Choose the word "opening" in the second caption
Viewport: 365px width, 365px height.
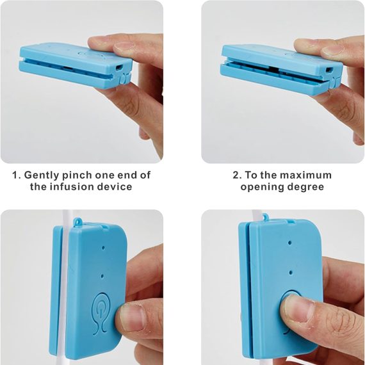tap(261, 187)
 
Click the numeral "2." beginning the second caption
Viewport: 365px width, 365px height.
tap(237, 175)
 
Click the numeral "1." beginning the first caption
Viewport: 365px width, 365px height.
tap(17, 175)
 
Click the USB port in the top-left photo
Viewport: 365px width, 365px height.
tap(119, 68)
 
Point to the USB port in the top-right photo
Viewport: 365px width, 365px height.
tap(329, 69)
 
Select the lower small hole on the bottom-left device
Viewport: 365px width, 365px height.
tap(102, 276)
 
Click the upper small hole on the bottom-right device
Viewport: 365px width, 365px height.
tap(289, 243)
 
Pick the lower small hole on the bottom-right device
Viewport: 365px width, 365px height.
tap(291, 272)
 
